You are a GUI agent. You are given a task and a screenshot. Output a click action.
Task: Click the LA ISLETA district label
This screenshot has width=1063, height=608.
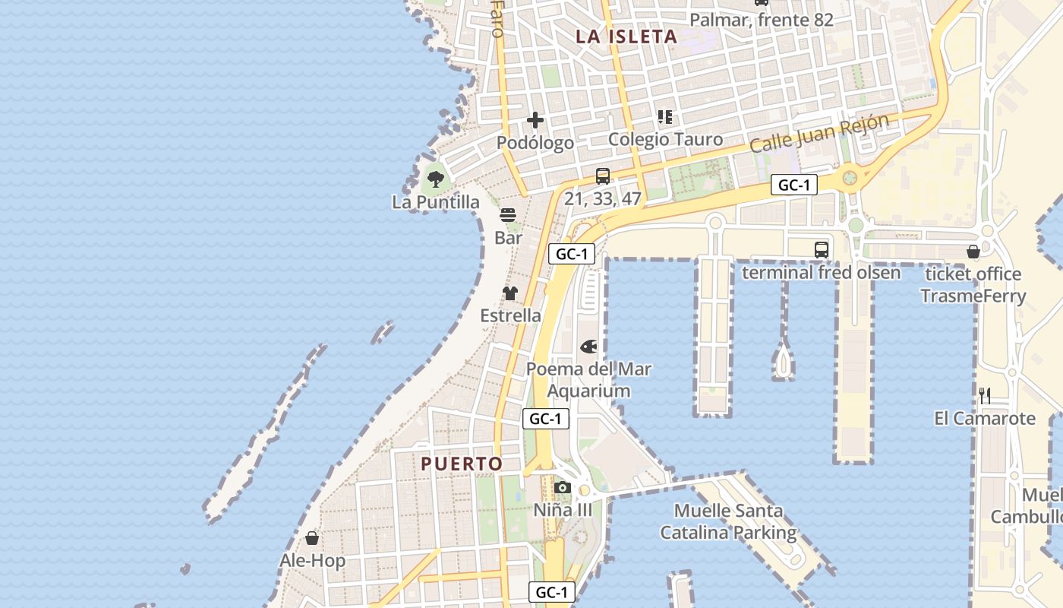click(626, 36)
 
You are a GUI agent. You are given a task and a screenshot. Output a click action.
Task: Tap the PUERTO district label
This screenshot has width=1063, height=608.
click(462, 464)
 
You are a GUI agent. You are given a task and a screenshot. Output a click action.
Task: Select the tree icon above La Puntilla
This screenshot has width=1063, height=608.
click(436, 179)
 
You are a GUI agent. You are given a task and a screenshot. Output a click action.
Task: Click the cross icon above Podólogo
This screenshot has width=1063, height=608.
click(535, 120)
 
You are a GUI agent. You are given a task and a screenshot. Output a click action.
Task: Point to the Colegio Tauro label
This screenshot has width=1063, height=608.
click(665, 140)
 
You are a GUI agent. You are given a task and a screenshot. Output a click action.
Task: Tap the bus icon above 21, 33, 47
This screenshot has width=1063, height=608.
click(603, 176)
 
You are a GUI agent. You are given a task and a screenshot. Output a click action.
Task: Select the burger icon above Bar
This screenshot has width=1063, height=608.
click(508, 215)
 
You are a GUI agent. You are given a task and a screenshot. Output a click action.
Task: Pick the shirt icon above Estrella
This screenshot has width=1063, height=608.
click(510, 293)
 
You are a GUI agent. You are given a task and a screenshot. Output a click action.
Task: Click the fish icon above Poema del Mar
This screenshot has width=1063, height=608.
click(588, 347)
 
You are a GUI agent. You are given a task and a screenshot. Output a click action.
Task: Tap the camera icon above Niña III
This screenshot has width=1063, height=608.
click(562, 487)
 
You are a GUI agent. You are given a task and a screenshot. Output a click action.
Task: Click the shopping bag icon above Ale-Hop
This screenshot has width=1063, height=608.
click(312, 539)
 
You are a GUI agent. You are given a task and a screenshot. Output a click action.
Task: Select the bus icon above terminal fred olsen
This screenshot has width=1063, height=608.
click(821, 249)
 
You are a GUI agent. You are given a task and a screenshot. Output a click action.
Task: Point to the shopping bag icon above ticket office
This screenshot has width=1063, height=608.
click(973, 252)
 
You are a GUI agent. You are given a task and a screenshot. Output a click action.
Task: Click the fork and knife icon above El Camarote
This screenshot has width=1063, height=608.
click(985, 395)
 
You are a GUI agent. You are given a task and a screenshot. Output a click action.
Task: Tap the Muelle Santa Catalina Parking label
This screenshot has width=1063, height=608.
click(728, 521)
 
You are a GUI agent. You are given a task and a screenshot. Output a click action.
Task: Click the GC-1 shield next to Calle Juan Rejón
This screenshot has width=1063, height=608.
click(794, 185)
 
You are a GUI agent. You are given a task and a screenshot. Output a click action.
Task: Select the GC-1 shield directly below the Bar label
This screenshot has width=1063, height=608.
click(571, 254)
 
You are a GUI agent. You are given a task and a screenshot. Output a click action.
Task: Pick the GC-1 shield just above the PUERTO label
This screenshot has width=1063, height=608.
click(545, 418)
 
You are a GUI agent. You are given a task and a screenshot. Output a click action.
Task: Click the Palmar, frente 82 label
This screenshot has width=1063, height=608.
click(762, 20)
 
